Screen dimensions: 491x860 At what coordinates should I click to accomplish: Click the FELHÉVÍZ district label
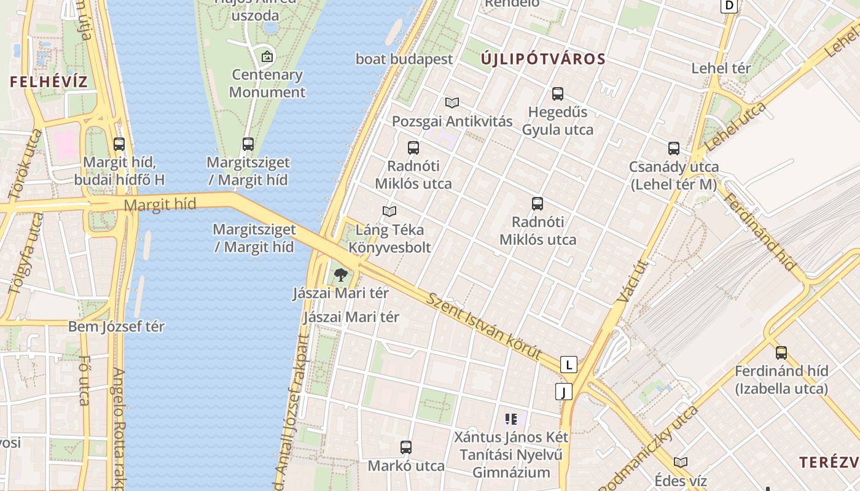tap(49, 81)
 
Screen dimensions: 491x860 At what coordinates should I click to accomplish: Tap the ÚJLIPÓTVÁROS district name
tap(543, 60)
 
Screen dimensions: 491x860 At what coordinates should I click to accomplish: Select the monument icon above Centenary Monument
tap(267, 57)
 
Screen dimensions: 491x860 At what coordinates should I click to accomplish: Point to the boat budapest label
tap(404, 60)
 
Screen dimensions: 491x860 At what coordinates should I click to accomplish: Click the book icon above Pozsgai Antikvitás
tap(452, 102)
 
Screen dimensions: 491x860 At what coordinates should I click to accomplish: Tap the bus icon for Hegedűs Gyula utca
tap(558, 94)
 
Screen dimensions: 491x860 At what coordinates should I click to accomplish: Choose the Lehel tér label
tap(721, 68)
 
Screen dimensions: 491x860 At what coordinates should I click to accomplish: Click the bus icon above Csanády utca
tap(674, 148)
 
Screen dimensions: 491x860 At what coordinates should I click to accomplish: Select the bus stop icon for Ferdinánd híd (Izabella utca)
tap(781, 353)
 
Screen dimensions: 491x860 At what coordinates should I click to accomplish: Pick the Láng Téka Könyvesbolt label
tap(389, 239)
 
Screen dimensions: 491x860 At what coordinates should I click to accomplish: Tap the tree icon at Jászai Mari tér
tap(340, 275)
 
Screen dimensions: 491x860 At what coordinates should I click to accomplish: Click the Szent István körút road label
tap(485, 326)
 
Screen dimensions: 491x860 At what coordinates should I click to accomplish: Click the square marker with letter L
tap(569, 365)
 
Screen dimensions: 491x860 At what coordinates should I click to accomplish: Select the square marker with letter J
tap(563, 391)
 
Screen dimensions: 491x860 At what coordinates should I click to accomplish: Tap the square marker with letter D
tap(729, 6)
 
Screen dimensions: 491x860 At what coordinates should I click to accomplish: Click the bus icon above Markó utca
tap(405, 447)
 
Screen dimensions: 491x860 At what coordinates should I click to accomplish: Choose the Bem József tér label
tap(116, 327)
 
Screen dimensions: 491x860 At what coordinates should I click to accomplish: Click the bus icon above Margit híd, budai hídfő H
tap(119, 144)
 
